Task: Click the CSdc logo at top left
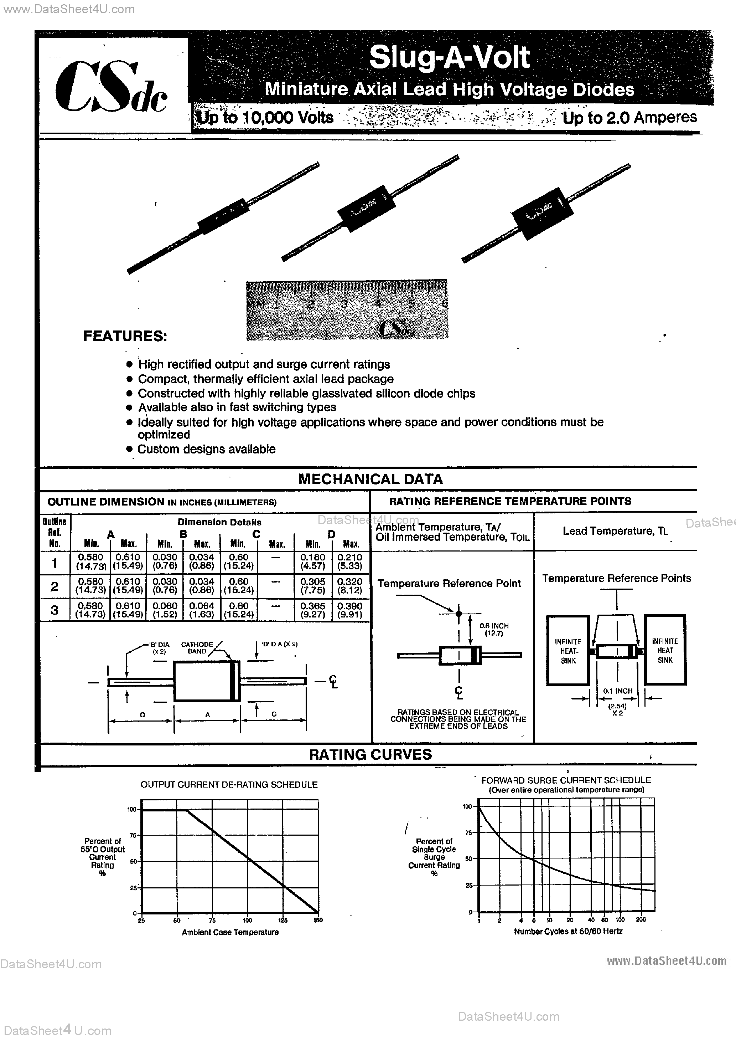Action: [111, 87]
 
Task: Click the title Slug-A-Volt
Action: [449, 58]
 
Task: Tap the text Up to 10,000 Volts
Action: [265, 117]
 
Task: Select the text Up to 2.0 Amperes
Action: [629, 117]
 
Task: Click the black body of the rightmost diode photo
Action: [541, 217]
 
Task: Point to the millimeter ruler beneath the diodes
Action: [347, 309]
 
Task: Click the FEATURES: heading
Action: [125, 336]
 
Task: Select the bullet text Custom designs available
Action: [206, 449]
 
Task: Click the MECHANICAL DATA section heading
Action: [370, 479]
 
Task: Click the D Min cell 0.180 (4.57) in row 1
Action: [313, 561]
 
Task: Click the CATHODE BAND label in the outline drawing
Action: [197, 647]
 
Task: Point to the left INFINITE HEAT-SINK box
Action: [568, 651]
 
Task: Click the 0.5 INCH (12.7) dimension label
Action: [494, 629]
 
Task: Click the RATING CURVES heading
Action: [370, 754]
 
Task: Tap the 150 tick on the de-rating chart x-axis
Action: [318, 920]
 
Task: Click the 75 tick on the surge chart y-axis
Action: [468, 832]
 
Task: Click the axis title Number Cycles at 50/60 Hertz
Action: [568, 931]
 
